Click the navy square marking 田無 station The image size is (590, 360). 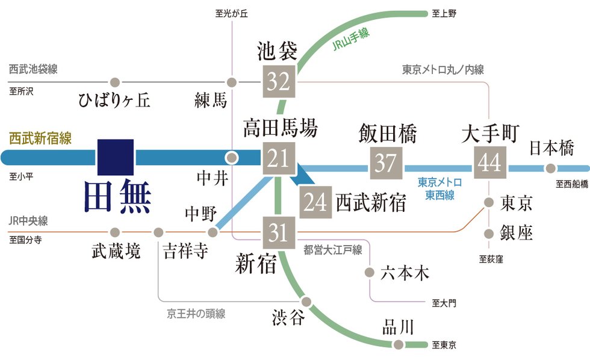(115, 158)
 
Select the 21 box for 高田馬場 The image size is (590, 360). (279, 158)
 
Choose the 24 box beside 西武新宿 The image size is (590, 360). (315, 203)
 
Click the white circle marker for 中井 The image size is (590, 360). (231, 158)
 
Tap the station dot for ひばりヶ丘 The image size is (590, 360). (114, 82)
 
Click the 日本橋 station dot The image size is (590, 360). (550, 169)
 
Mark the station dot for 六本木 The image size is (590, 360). (370, 273)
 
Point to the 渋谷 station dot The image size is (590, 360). (307, 302)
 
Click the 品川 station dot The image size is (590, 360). (398, 345)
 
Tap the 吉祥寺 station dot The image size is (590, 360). (159, 232)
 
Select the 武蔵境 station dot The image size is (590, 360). (115, 232)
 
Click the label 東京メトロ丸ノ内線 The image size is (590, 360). (443, 70)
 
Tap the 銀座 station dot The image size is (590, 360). (489, 233)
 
